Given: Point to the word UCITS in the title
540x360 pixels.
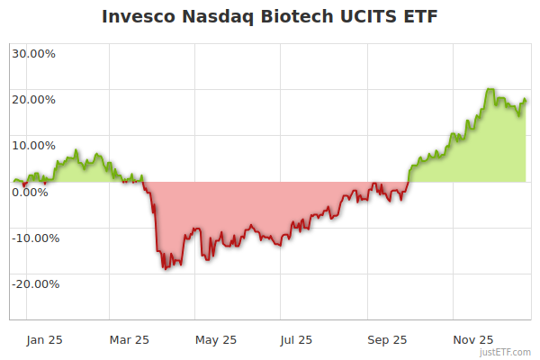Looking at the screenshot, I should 370,17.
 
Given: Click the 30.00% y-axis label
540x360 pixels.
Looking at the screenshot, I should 33,53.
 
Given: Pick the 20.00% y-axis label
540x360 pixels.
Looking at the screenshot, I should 33,99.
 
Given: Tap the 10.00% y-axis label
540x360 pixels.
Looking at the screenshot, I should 33,145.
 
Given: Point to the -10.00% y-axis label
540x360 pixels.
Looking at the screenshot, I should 33,238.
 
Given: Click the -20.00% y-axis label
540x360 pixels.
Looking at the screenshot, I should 33,284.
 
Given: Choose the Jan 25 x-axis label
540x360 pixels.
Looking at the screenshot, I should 44,339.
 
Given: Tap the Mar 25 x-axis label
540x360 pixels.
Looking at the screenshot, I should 129,339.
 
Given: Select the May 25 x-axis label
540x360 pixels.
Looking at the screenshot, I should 216,339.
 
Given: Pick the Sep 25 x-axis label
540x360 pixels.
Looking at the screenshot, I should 387,339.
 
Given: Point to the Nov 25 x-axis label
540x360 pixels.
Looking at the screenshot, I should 473,339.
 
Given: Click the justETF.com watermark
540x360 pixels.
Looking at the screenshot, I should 507,352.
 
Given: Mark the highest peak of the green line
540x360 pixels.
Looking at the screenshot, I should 488,89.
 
